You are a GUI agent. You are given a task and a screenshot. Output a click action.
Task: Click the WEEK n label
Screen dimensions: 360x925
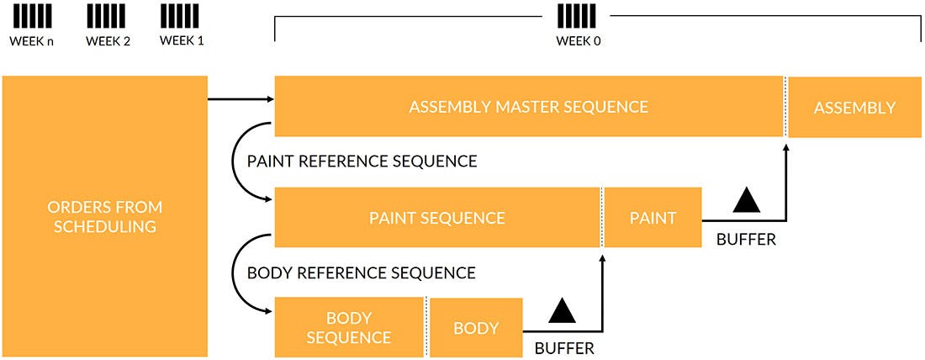[31, 40]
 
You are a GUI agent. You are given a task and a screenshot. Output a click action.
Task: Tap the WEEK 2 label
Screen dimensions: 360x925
[108, 40]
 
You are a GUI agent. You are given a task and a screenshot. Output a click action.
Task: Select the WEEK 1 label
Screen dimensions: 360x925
[182, 40]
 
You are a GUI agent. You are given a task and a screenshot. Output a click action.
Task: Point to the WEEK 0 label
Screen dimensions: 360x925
[579, 40]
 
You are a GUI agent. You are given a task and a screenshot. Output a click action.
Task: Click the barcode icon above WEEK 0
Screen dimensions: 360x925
[579, 15]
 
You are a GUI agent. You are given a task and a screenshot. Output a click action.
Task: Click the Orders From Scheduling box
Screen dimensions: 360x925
[105, 216]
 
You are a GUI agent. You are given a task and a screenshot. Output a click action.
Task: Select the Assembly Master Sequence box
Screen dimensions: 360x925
[528, 107]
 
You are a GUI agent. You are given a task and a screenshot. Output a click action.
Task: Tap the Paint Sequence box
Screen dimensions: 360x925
[436, 218]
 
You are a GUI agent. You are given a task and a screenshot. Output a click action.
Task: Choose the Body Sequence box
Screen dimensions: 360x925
[348, 327]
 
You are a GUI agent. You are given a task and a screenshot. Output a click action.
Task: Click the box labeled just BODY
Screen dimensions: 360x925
[476, 327]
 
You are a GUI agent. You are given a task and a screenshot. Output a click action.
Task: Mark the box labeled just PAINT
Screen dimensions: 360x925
[653, 218]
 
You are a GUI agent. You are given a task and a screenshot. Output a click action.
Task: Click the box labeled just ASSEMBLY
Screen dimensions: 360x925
[854, 108]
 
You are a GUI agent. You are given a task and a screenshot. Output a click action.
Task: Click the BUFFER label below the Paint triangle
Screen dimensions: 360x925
[746, 240]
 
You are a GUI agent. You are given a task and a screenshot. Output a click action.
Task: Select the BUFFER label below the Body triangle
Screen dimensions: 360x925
[563, 347]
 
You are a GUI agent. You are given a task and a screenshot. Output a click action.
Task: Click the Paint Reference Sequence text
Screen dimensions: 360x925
[362, 161]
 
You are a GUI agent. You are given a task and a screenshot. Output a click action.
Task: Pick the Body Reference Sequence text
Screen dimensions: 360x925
[361, 273]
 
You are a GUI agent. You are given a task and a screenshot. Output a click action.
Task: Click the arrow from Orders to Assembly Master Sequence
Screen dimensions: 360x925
[240, 99]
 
